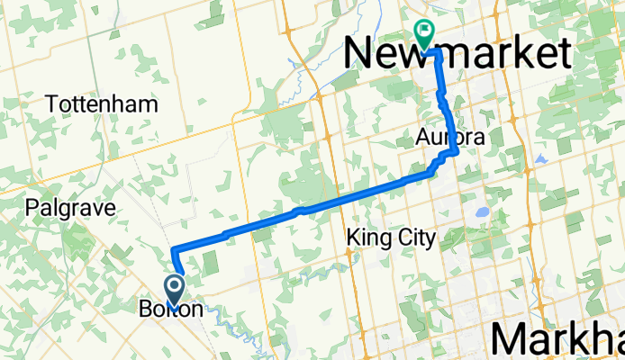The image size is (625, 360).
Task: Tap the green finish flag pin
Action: tap(423, 33)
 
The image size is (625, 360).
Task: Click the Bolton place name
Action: tap(177, 309)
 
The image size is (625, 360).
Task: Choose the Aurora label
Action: tap(450, 138)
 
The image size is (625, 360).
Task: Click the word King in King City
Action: tap(365, 238)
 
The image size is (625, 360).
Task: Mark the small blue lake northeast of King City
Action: tap(482, 214)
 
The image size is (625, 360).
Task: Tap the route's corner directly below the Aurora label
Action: tap(456, 152)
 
